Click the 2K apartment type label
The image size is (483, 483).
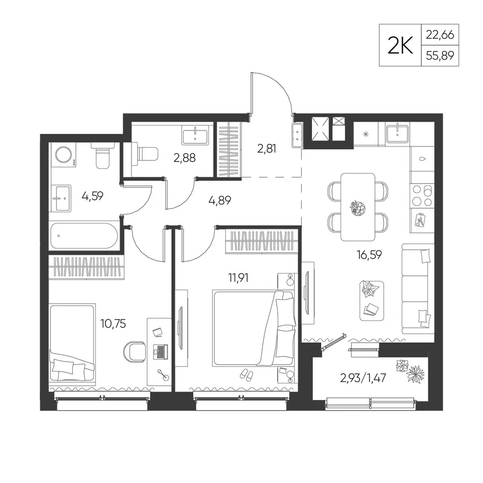click(400, 45)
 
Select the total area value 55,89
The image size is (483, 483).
click(440, 56)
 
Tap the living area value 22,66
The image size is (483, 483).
click(440, 34)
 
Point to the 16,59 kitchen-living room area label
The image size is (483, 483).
click(369, 255)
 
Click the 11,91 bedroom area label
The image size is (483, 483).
click(238, 278)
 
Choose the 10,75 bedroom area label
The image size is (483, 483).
click(113, 324)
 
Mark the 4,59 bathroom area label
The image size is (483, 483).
click(92, 196)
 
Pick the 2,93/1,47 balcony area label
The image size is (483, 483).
click(363, 378)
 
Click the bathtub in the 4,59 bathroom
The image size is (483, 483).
click(84, 236)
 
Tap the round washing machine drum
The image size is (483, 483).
click(63, 154)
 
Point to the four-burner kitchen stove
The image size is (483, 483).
click(422, 195)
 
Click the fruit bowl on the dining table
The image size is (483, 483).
click(358, 208)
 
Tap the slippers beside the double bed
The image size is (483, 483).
click(247, 374)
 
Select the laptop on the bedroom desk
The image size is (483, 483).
click(160, 352)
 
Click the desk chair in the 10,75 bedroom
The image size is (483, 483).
click(134, 352)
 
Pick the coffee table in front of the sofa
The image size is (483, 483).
click(371, 300)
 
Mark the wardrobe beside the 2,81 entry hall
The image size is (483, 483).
click(229, 150)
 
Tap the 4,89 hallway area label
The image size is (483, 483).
click(220, 200)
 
